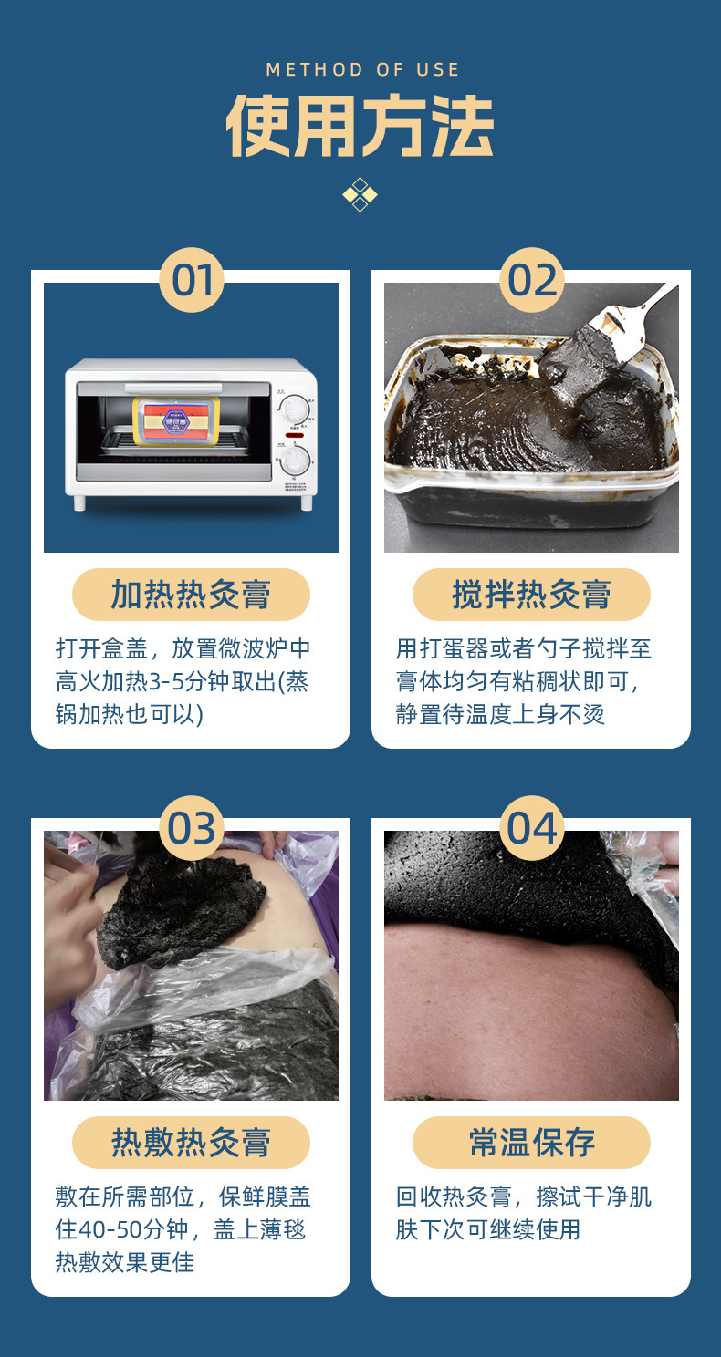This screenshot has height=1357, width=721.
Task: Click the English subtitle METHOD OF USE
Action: coord(362,69)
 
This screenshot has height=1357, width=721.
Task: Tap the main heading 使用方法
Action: coord(360,126)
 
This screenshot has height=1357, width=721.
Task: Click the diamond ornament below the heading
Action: coord(360,194)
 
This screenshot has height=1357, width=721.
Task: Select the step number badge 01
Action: coord(192,280)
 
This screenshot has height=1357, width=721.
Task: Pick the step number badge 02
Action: coord(532,280)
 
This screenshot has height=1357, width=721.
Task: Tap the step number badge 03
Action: coord(192,828)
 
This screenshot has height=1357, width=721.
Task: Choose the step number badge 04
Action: coord(532,828)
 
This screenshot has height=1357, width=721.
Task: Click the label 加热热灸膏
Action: coord(191,595)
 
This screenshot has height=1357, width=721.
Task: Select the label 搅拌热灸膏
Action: coord(531,595)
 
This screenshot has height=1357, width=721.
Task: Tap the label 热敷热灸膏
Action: coord(191,1143)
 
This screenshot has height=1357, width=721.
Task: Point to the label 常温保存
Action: coord(531,1143)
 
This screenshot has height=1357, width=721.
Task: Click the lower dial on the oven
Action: coord(295,461)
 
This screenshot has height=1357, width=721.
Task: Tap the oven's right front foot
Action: coord(307,502)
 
